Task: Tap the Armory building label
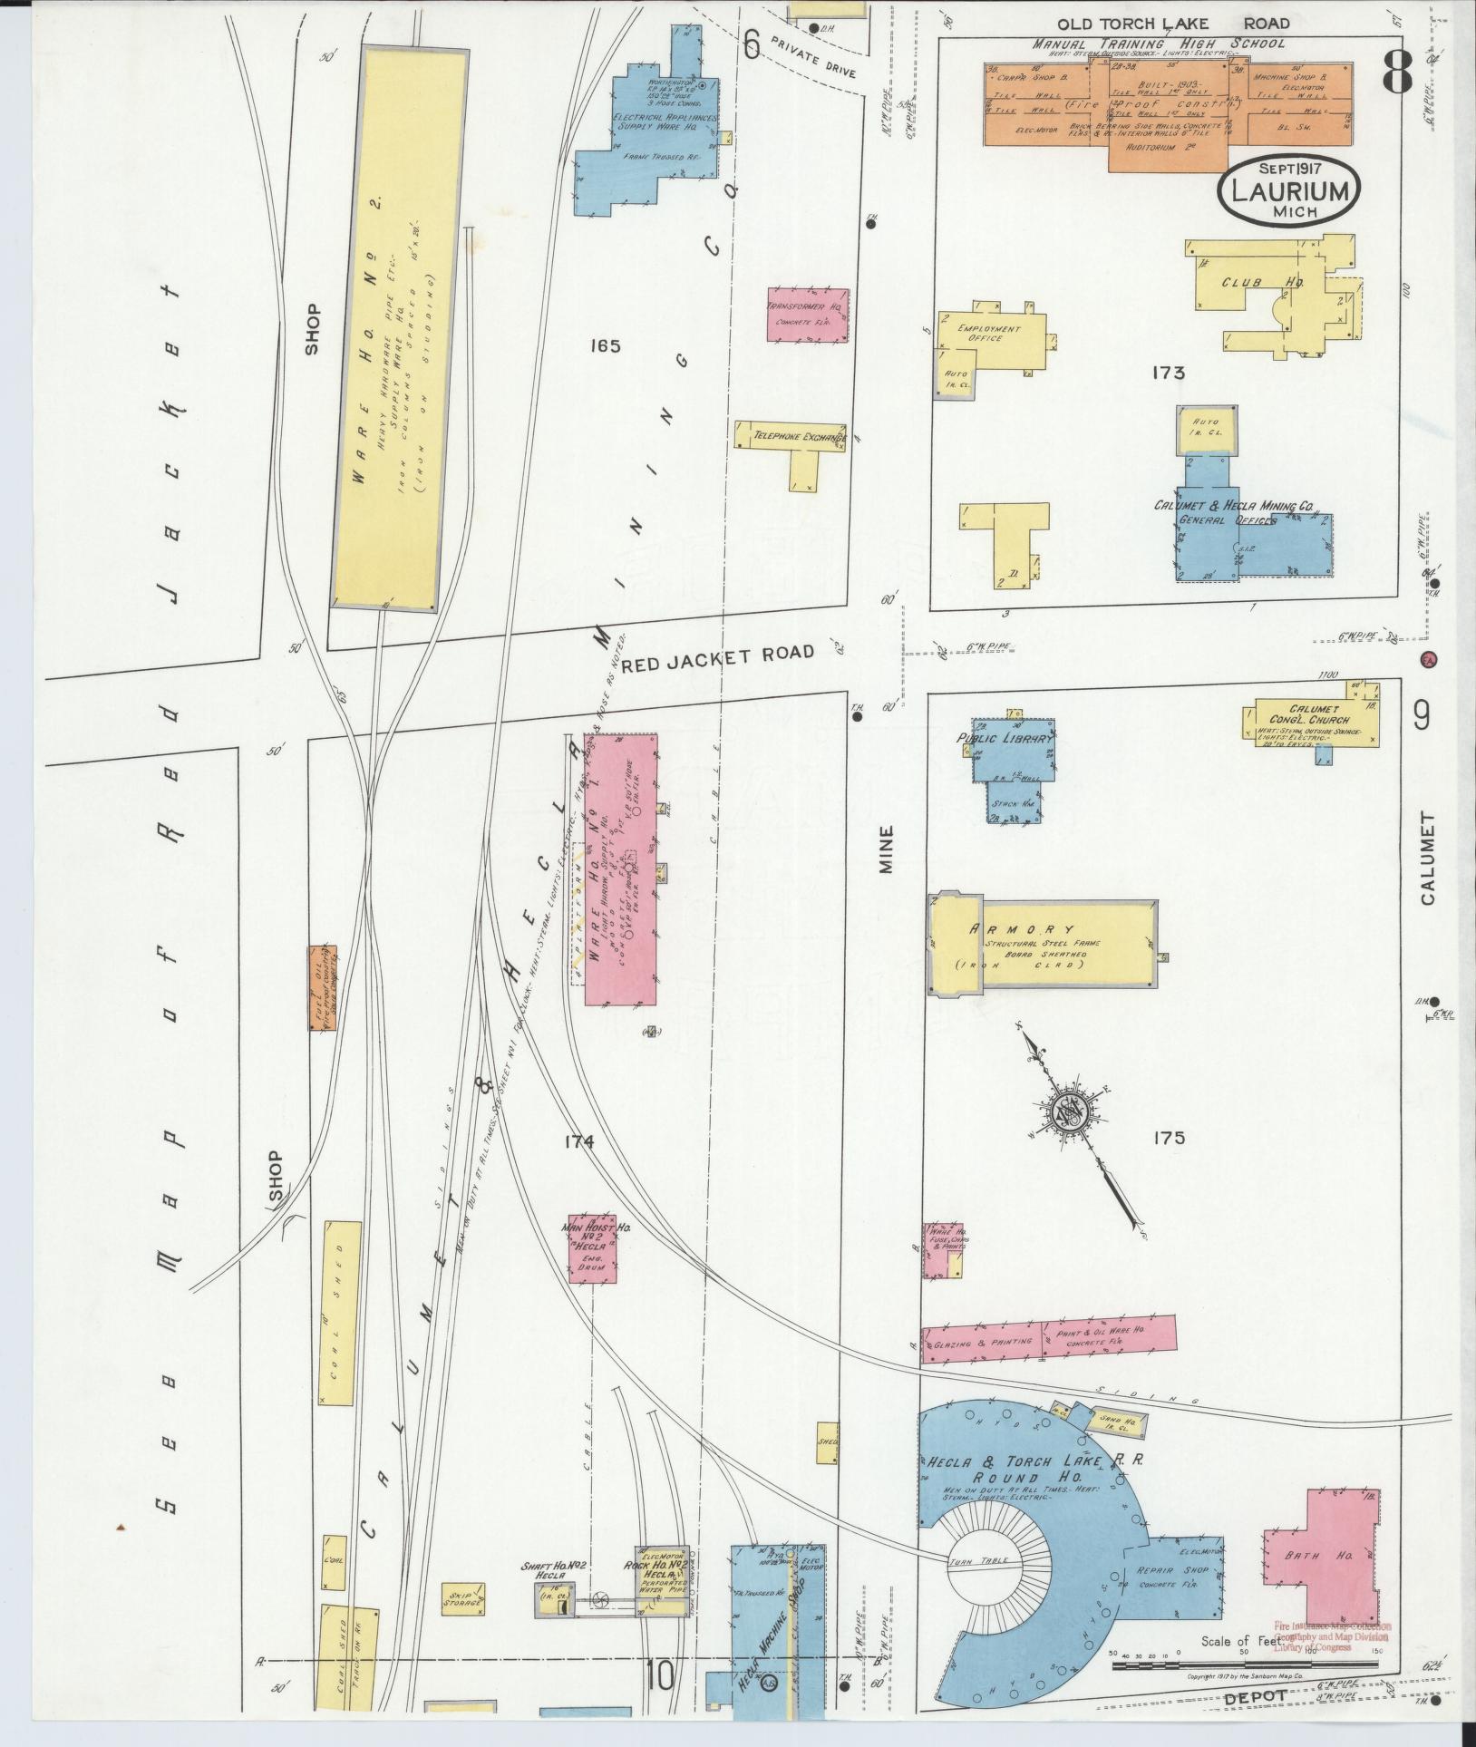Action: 1022,929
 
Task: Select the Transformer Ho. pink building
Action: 808,315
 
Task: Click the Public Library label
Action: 1005,739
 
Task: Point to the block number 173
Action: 1169,373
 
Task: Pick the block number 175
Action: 1169,1138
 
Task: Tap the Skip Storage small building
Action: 462,1600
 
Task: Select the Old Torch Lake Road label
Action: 1165,24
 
